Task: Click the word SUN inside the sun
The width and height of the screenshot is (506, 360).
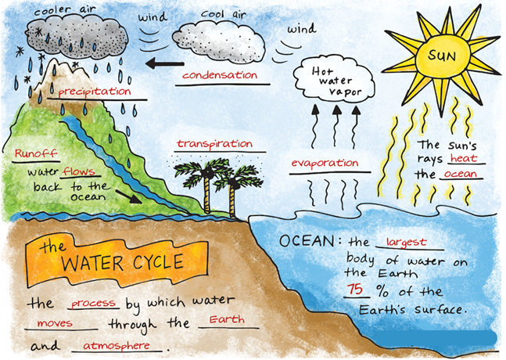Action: pos(442,56)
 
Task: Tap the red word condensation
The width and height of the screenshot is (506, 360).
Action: pos(220,75)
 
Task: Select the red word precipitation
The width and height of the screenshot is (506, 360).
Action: pos(95,92)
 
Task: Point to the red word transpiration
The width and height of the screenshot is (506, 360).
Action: pos(214,144)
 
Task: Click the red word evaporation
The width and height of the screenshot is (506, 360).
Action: pos(325,163)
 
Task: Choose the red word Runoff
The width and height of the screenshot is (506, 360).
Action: pos(36,153)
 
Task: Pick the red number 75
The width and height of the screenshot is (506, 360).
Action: pos(354,289)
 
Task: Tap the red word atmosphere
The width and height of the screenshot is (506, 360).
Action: pos(117,346)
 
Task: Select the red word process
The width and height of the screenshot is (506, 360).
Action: pos(93,303)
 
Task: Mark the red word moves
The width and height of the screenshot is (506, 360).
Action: pos(55,323)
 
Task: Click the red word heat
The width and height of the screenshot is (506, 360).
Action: pos(464,158)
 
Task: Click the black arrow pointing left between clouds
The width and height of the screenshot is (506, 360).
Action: pos(164,63)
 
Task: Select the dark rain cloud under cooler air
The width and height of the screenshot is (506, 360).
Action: pos(77,38)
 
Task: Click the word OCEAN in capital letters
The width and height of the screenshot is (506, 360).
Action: pos(307,241)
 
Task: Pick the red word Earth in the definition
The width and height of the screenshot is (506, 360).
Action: pos(227,319)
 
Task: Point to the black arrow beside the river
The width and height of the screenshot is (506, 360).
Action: pos(129,196)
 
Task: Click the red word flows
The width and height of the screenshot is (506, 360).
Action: pos(80,171)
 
